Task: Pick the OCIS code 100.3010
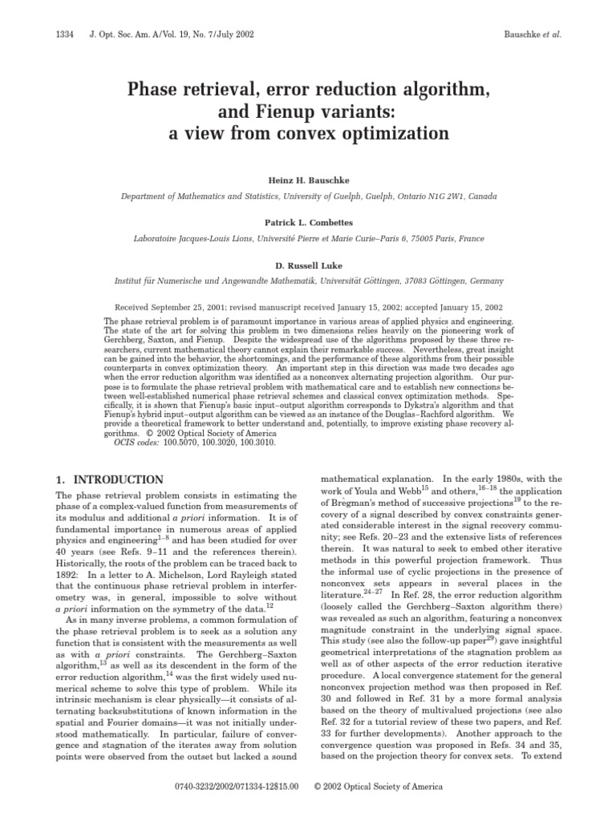coord(255,442)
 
